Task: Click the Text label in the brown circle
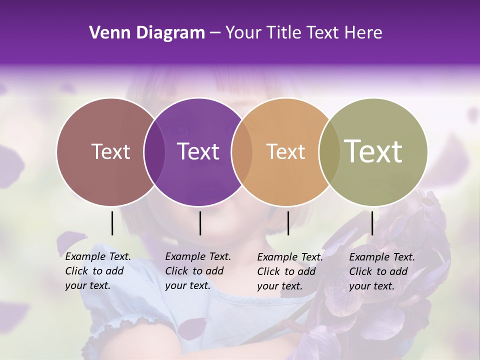[110, 151]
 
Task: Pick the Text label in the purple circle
[198, 151]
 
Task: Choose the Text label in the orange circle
[285, 151]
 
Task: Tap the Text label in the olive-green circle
[373, 151]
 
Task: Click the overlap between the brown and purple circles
[154, 151]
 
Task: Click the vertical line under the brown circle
[112, 223]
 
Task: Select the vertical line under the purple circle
[200, 223]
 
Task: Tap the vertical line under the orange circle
[288, 223]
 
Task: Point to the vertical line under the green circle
[372, 223]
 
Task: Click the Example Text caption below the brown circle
[97, 271]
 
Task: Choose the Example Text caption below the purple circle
[197, 271]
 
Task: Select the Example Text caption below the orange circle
[289, 271]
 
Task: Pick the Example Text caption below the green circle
[381, 271]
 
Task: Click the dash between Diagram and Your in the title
[215, 33]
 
